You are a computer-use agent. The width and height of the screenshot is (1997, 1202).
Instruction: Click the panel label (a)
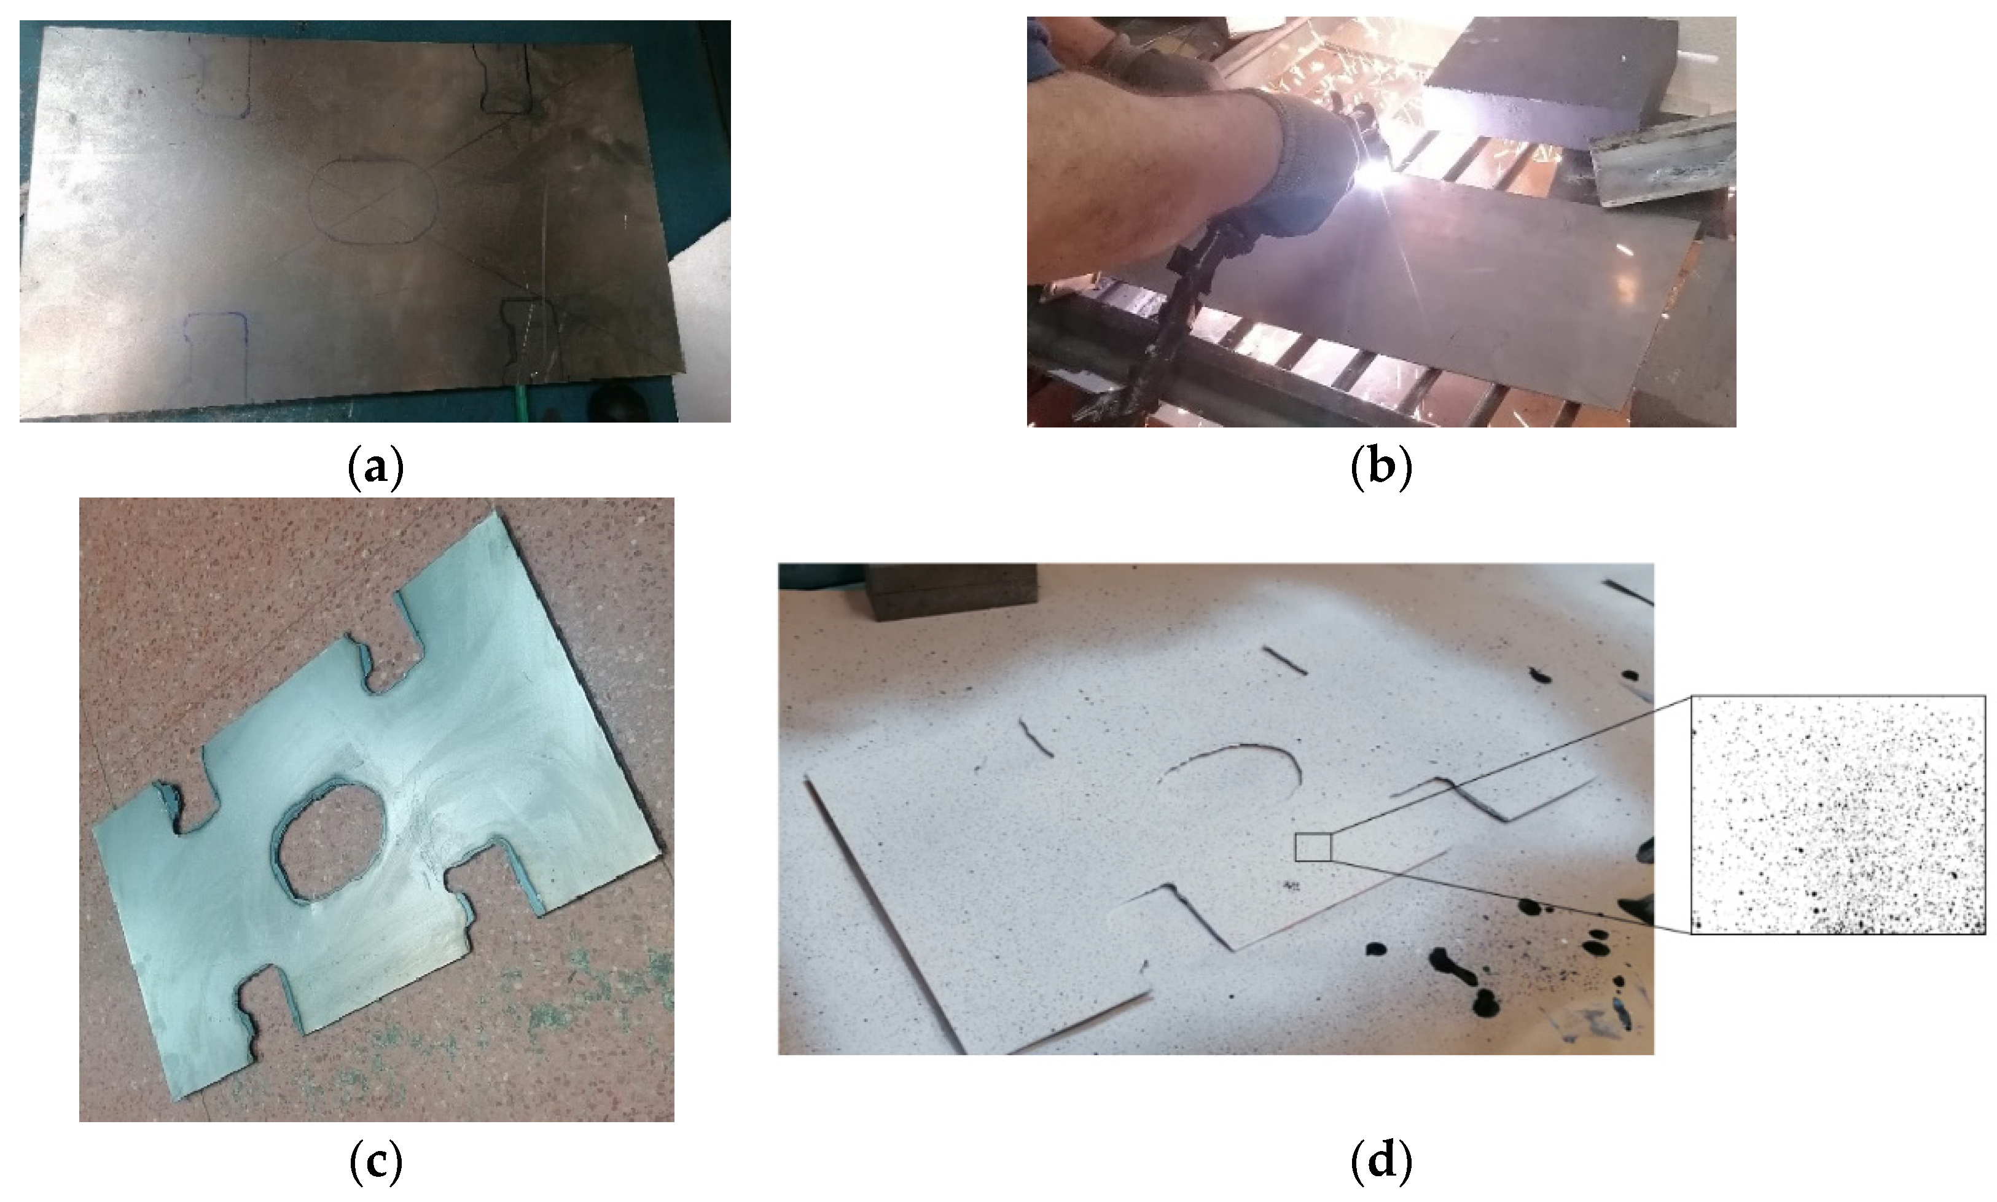point(375,467)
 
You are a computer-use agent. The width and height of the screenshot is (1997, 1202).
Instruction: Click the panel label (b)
point(1381,467)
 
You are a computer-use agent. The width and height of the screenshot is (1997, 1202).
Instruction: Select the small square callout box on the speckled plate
point(1313,846)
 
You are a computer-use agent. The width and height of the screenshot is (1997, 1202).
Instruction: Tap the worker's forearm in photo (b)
point(1150,170)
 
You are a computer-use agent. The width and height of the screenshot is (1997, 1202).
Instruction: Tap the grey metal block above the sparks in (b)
point(1551,81)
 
